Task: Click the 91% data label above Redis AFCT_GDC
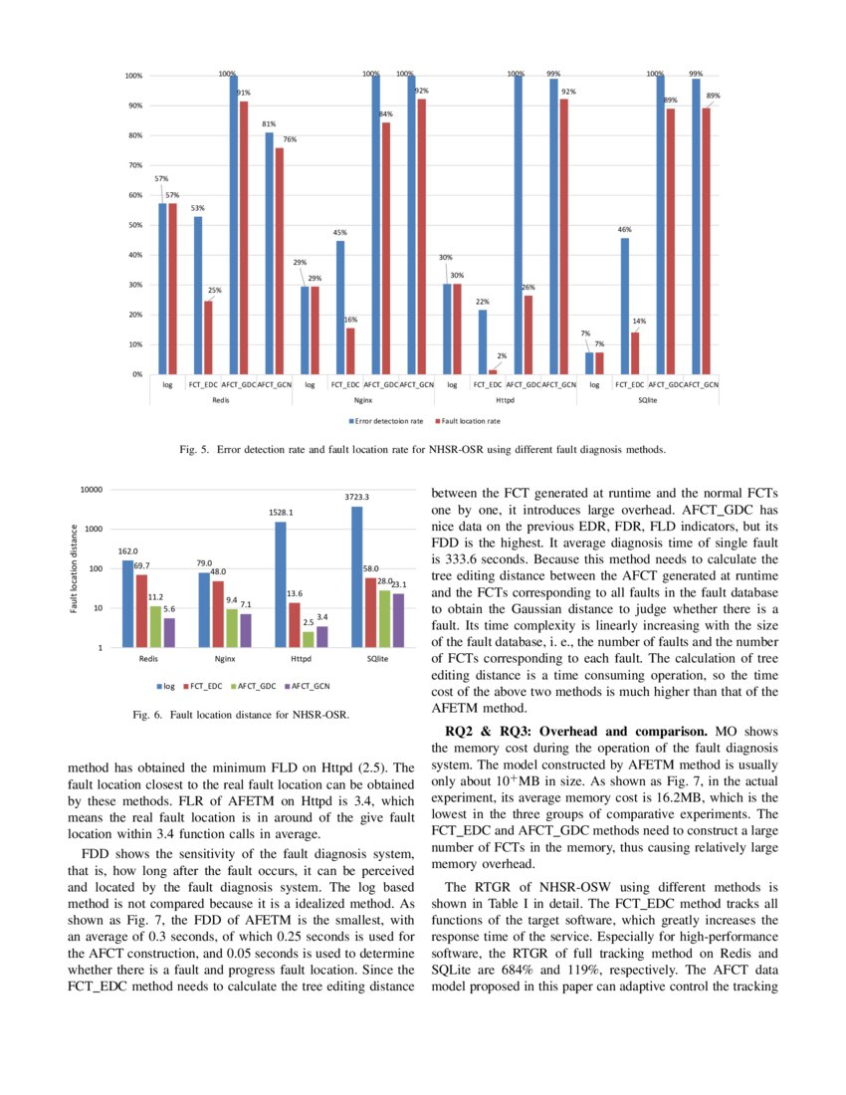tap(244, 93)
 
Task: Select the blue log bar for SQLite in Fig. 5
tap(589, 363)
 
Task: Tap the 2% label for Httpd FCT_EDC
tap(504, 355)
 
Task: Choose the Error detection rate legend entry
tap(390, 421)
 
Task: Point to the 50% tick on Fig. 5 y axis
tap(131, 225)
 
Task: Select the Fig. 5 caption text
tap(422, 450)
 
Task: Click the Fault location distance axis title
tap(74, 569)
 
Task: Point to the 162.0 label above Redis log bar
tap(128, 550)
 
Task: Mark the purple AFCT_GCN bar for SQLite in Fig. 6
tap(397, 620)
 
